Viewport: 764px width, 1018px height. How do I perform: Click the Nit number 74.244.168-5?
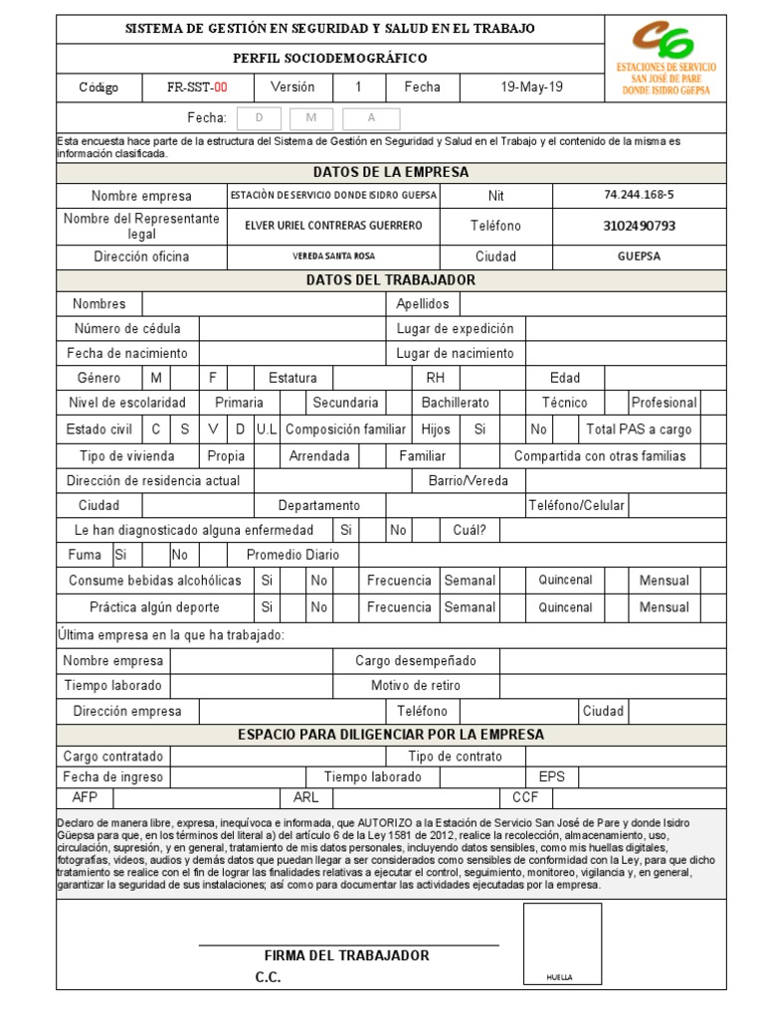point(638,196)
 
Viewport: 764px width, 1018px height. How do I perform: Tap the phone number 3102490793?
point(639,226)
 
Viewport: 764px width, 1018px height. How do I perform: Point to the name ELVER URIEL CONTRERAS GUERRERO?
point(333,226)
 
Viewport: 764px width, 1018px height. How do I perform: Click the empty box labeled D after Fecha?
point(261,118)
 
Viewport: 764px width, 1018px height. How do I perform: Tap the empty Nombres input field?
point(263,303)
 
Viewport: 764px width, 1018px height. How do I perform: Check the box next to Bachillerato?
point(511,403)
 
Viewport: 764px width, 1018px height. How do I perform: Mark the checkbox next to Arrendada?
point(372,456)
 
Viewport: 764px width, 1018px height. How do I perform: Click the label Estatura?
point(292,378)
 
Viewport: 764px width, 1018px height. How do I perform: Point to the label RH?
point(435,378)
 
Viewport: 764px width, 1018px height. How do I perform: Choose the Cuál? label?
point(469,530)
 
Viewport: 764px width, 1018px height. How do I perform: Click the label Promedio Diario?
point(292,555)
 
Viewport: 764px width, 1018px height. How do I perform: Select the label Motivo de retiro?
point(415,686)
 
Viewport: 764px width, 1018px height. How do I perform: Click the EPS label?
point(551,776)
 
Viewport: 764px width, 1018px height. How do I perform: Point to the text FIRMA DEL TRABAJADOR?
point(346,955)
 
